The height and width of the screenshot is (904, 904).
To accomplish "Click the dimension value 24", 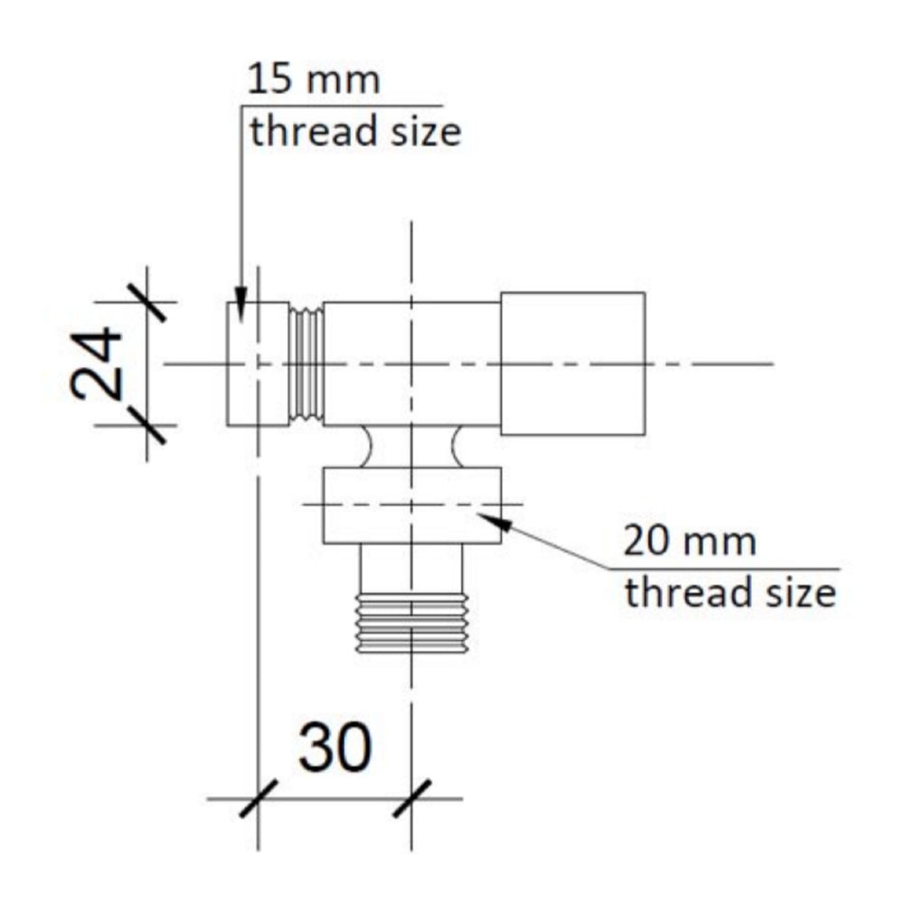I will point(97,363).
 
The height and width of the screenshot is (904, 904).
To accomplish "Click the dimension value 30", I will point(335,748).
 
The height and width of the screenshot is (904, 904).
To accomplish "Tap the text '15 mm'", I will point(315,80).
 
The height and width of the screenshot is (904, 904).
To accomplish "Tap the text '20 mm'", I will point(690,542).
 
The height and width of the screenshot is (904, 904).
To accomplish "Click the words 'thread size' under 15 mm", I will point(355,132).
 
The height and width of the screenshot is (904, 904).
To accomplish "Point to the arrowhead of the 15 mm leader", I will point(240,307).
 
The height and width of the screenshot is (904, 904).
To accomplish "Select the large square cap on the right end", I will point(573,363).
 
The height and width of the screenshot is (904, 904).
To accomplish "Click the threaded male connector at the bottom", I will point(411,625).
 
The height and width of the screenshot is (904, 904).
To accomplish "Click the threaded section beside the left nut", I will point(306,363).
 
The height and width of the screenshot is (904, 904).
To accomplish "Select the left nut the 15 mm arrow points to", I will point(256,363).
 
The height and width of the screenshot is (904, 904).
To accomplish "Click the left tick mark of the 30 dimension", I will point(259,799).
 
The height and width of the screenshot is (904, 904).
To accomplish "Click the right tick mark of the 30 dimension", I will point(412,799).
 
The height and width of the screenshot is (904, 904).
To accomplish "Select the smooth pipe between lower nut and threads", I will point(411,570).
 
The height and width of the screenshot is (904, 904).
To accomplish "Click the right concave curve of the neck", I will point(457,447).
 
